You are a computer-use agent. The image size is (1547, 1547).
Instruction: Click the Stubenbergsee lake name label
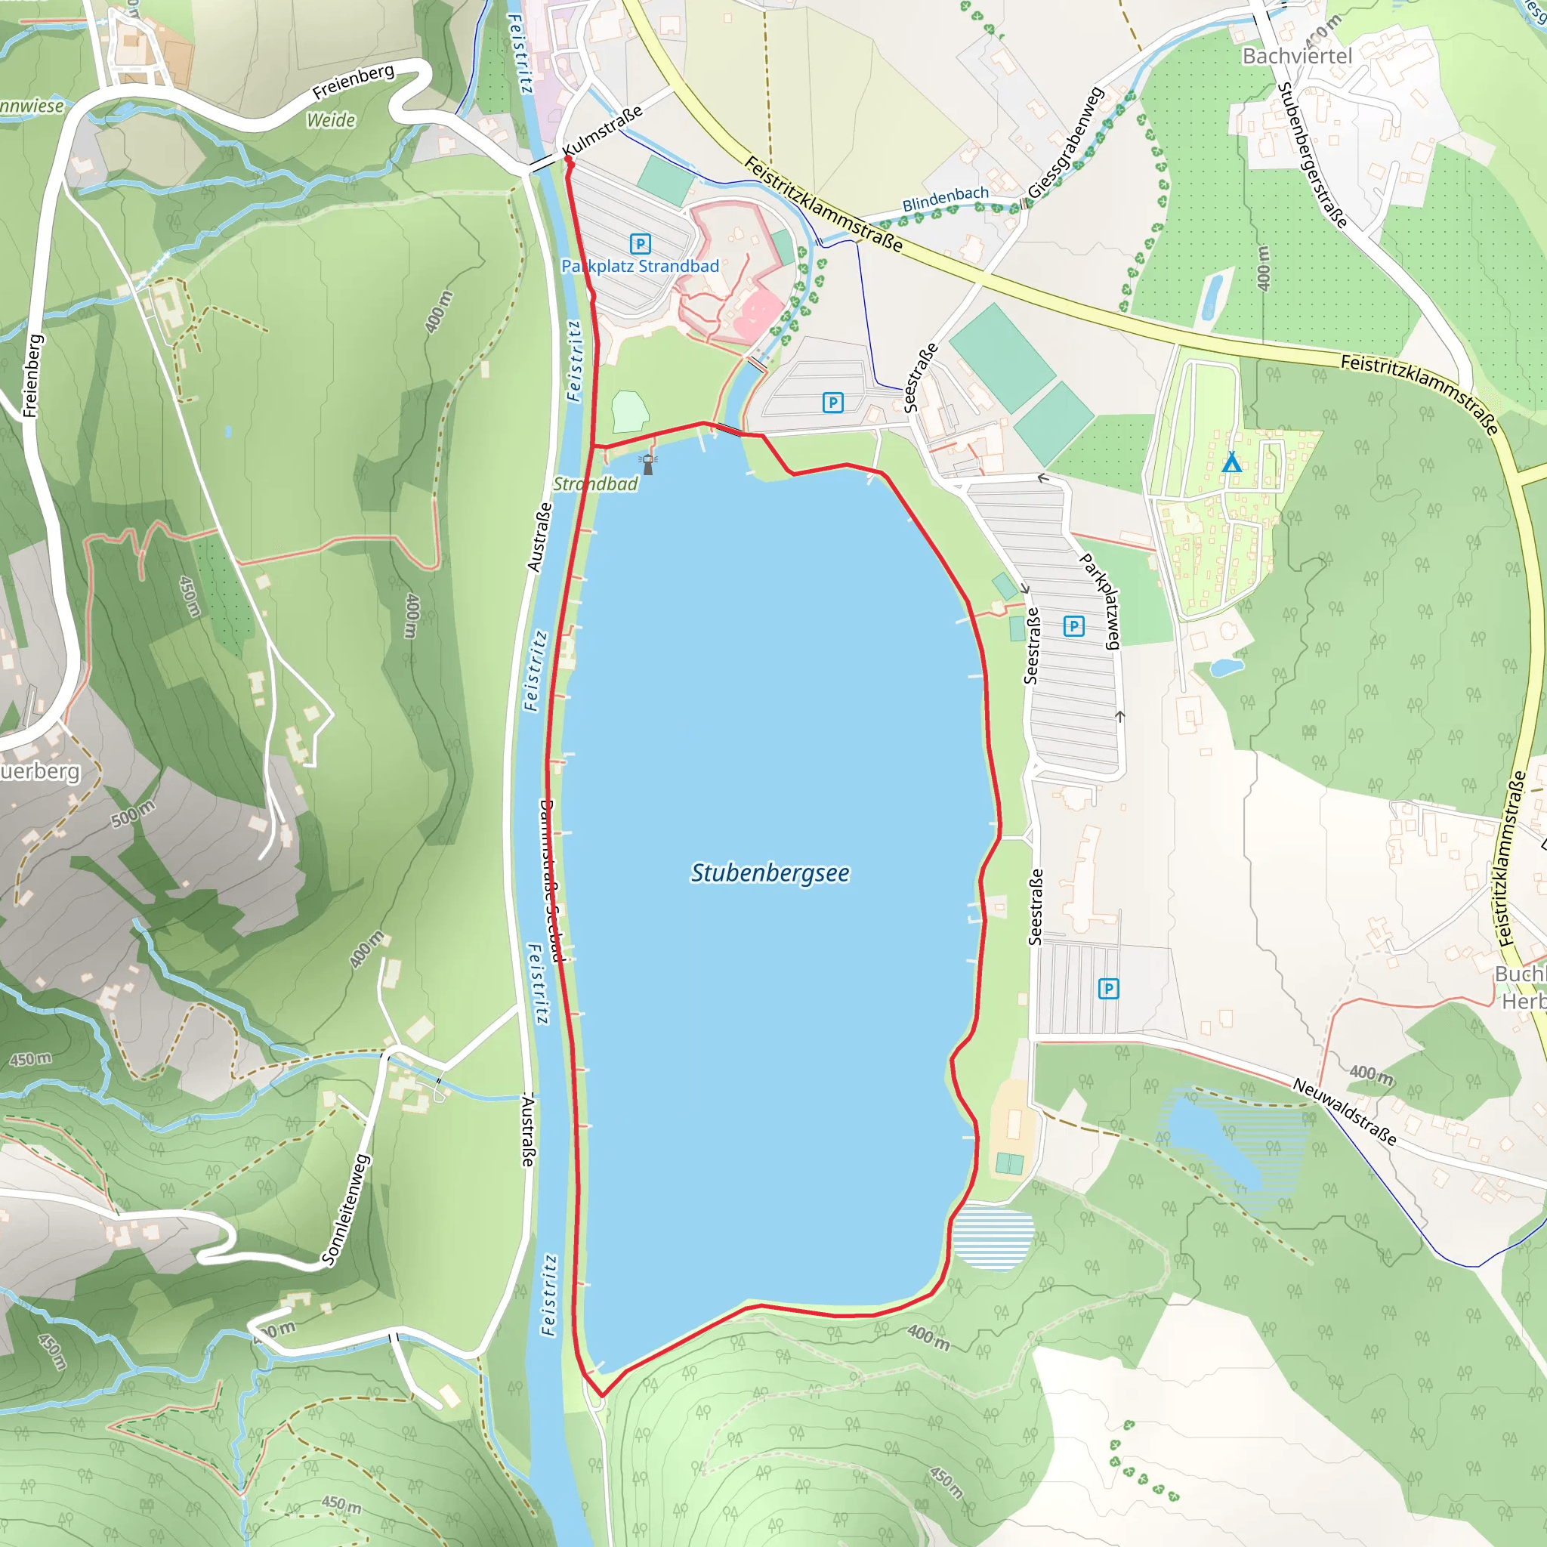pyautogui.click(x=770, y=872)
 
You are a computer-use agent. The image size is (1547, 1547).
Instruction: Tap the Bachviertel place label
pyautogui.click(x=1296, y=56)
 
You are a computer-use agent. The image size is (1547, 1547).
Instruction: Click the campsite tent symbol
pyautogui.click(x=1231, y=463)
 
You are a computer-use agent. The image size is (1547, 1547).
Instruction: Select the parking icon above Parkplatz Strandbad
pyautogui.click(x=640, y=243)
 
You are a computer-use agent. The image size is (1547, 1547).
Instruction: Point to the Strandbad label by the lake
pyautogui.click(x=595, y=483)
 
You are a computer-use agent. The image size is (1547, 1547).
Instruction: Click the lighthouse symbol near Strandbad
pyautogui.click(x=648, y=464)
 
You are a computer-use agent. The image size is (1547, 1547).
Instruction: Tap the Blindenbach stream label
pyautogui.click(x=945, y=199)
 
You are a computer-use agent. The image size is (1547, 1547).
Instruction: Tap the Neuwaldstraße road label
pyautogui.click(x=1345, y=1111)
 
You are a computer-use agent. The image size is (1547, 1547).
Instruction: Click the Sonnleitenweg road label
pyautogui.click(x=346, y=1210)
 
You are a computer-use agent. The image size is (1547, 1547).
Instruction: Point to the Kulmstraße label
pyautogui.click(x=602, y=131)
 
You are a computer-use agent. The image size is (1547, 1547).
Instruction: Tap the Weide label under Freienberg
pyautogui.click(x=331, y=120)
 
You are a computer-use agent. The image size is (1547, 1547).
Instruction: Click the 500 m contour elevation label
pyautogui.click(x=132, y=814)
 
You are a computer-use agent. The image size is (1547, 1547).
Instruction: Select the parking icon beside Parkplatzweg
pyautogui.click(x=1074, y=625)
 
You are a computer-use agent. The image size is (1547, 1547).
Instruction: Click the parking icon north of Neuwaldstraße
pyautogui.click(x=1108, y=989)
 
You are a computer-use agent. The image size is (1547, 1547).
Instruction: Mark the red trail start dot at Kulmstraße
pyautogui.click(x=569, y=159)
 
